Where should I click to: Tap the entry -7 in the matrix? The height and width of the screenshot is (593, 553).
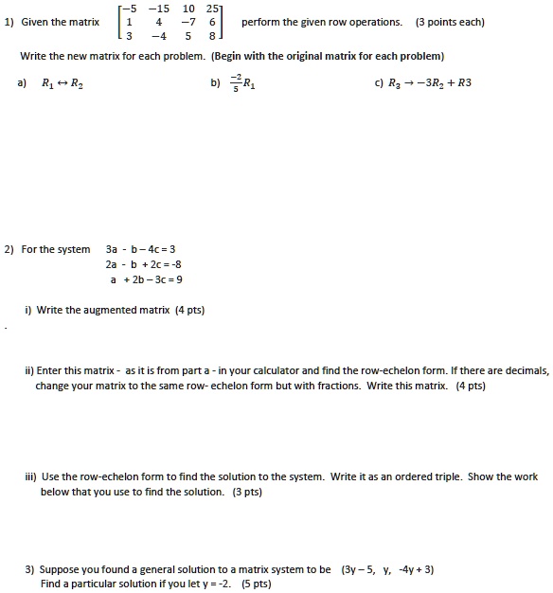click(x=189, y=24)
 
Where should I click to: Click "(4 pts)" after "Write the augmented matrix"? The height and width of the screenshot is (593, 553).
click(x=188, y=310)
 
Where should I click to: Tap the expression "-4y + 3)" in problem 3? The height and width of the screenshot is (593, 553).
click(x=416, y=569)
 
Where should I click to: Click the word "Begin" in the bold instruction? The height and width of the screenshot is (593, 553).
click(x=231, y=56)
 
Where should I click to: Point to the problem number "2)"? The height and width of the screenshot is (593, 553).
click(x=9, y=250)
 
